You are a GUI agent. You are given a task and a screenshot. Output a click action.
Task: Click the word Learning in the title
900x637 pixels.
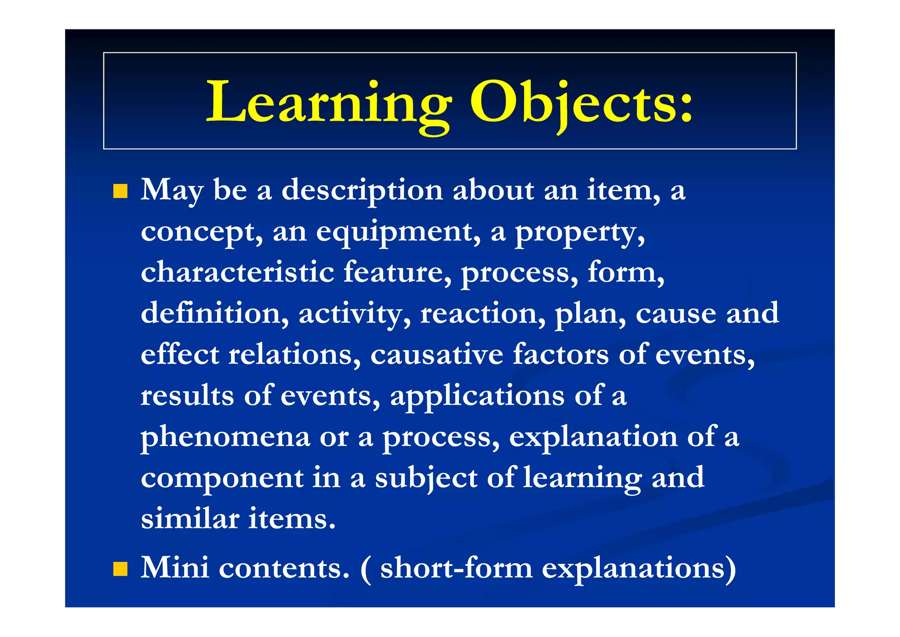click(x=329, y=102)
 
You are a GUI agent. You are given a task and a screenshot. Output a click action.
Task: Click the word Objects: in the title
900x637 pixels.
click(x=581, y=102)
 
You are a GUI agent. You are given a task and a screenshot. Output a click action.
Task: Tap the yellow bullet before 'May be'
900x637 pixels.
click(x=120, y=191)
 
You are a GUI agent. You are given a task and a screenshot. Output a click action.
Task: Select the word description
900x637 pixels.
click(x=362, y=191)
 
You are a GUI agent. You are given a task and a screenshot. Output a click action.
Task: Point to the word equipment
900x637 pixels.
click(x=398, y=232)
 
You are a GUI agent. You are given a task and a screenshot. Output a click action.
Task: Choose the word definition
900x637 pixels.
click(x=214, y=313)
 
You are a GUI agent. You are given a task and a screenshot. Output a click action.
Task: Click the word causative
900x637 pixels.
click(x=436, y=354)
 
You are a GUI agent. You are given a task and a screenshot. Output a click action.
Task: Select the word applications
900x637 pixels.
click(x=477, y=396)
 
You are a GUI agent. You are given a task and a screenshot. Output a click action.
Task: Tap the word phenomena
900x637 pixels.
click(x=225, y=437)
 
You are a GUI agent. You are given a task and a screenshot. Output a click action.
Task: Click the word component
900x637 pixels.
click(x=222, y=478)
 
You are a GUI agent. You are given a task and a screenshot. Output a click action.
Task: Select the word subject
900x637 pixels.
click(x=425, y=478)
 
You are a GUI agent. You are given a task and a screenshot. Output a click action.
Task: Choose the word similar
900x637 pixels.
click(x=190, y=519)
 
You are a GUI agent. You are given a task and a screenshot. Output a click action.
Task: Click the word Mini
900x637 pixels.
click(x=174, y=567)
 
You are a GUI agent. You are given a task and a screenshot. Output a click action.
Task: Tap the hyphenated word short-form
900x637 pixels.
click(x=456, y=567)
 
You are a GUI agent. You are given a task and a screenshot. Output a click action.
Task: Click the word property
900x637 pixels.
click(x=579, y=232)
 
